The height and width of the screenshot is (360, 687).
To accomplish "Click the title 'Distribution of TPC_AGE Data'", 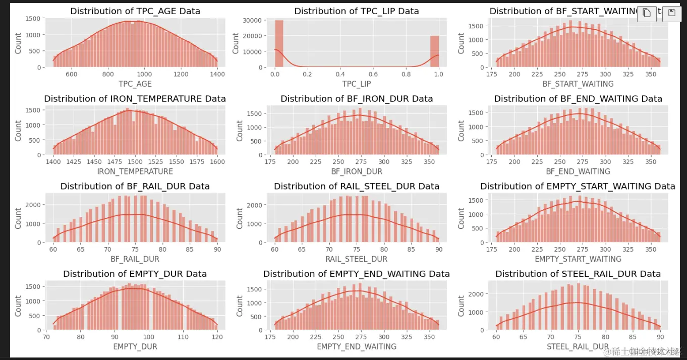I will pos(135,11).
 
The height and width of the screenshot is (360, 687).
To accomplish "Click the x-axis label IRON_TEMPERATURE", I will pos(135,171).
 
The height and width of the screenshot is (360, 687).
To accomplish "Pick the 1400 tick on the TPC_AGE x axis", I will pos(217,74).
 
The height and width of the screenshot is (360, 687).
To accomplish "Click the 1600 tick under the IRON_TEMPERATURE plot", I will pos(217,162).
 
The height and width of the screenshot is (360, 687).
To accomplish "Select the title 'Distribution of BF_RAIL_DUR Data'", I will pos(135,187).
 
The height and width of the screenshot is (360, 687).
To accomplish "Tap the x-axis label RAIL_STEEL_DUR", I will pos(357,259).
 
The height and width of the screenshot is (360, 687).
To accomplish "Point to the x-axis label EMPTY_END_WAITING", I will pos(357,347).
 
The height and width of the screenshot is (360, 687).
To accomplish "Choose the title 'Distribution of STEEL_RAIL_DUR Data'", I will pos(578,274).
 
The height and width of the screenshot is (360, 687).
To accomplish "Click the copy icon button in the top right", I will pos(647,14).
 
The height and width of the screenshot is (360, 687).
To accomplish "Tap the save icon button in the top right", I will pos(671,14).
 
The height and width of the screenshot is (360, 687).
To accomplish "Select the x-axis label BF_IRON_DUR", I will pos(357,171).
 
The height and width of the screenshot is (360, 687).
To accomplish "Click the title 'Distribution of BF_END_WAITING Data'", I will pos(578,99).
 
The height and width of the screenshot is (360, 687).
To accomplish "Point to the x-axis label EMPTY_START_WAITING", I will pos(578,259).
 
